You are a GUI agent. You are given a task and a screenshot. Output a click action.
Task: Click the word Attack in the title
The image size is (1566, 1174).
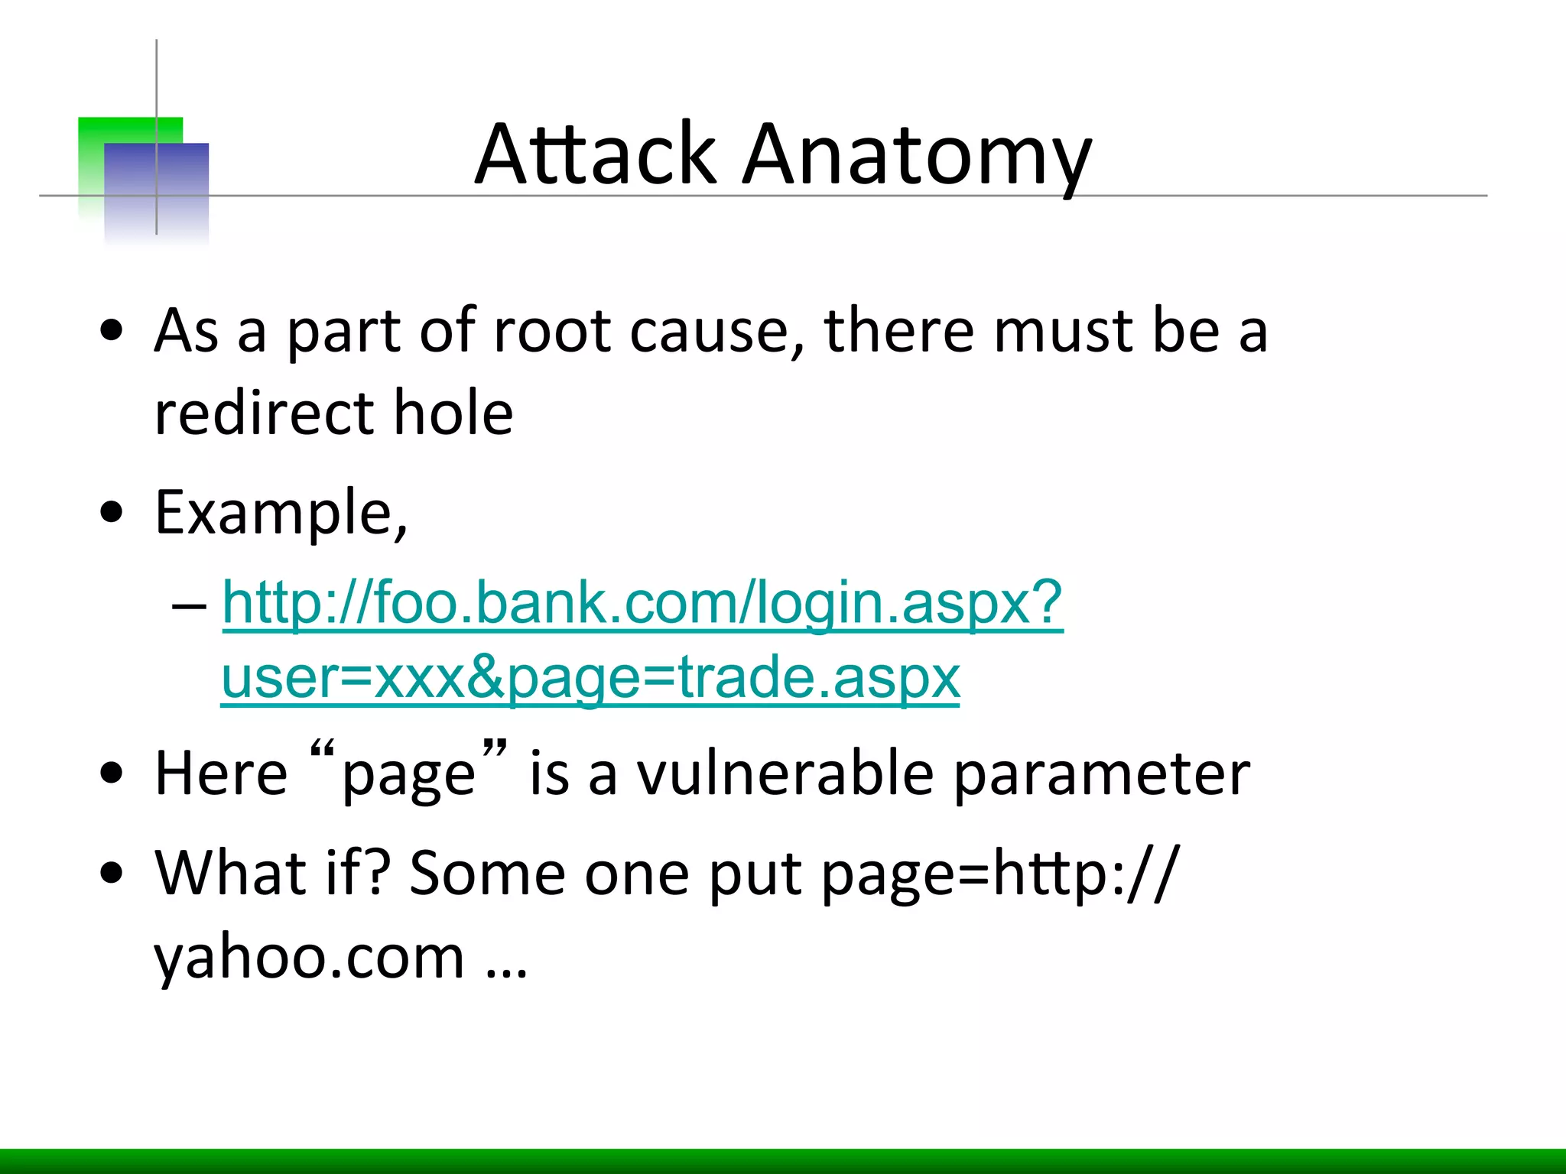coord(596,154)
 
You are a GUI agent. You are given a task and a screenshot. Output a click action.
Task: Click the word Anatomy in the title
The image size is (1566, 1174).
coord(917,157)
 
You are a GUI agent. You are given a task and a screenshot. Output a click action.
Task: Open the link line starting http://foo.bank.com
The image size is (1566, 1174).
coord(642,603)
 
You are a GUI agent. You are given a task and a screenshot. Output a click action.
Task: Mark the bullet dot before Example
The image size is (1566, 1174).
coord(112,513)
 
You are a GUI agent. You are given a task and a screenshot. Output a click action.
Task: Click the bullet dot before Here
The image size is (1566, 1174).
coord(112,773)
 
